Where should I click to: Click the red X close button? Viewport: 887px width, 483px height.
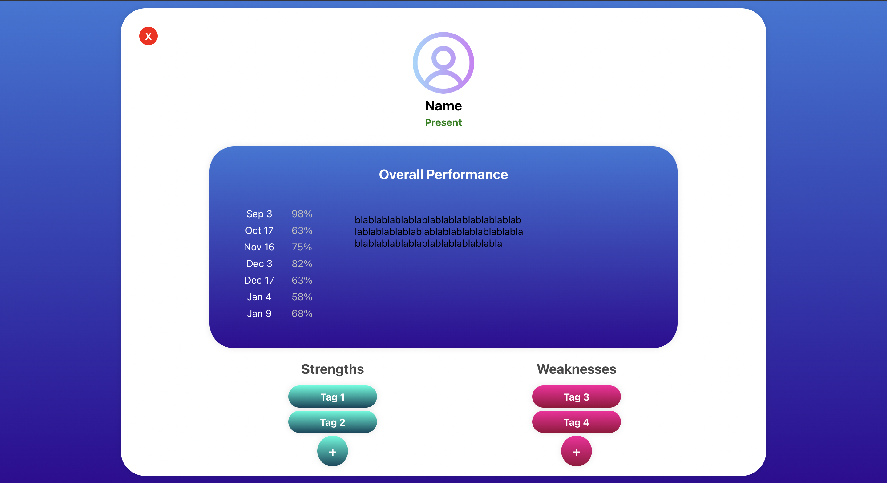pyautogui.click(x=148, y=36)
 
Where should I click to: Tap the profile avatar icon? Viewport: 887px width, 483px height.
pyautogui.click(x=443, y=63)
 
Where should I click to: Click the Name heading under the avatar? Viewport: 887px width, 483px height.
pyautogui.click(x=443, y=106)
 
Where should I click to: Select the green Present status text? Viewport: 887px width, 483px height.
pyautogui.click(x=443, y=122)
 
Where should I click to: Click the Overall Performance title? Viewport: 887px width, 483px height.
pyautogui.click(x=443, y=175)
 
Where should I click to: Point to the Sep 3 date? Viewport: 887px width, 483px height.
pyautogui.click(x=259, y=214)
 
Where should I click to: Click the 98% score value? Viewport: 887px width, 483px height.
pyautogui.click(x=302, y=214)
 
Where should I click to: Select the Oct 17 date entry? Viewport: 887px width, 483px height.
pyautogui.click(x=259, y=230)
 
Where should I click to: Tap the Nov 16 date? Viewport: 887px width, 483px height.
pyautogui.click(x=259, y=247)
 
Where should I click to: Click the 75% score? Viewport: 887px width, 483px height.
pyautogui.click(x=302, y=247)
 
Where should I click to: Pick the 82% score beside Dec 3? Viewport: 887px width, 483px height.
pyautogui.click(x=302, y=264)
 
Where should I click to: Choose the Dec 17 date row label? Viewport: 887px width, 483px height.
pyautogui.click(x=259, y=280)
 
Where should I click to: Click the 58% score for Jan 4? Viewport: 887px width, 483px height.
pyautogui.click(x=302, y=297)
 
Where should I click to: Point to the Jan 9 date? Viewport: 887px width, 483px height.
pyautogui.click(x=259, y=314)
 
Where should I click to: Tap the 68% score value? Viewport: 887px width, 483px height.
pyautogui.click(x=302, y=314)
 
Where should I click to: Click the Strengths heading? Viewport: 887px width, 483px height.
pyautogui.click(x=332, y=369)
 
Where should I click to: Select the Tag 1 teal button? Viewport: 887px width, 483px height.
pyautogui.click(x=332, y=397)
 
